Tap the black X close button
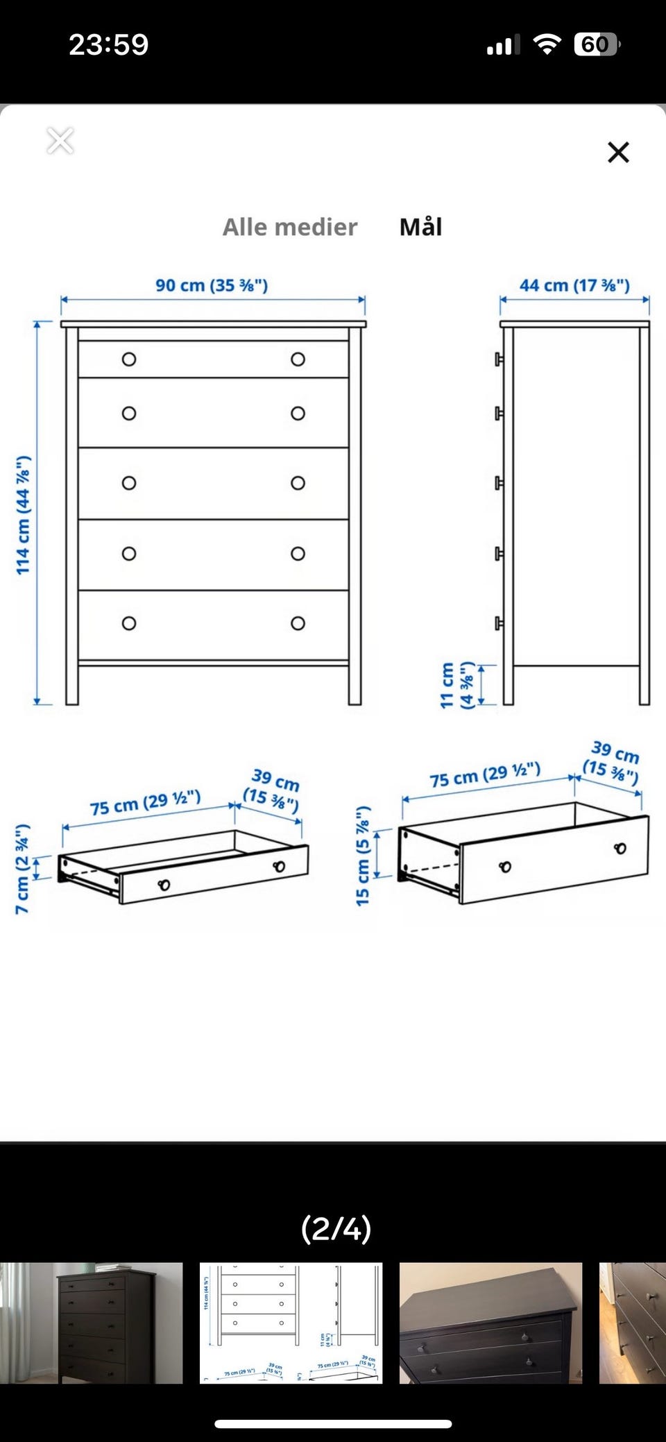pos(618,152)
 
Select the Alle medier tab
pos(290,227)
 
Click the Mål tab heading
pos(420,226)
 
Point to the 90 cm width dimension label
pos(212,285)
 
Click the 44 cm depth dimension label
pos(574,285)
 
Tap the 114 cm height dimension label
pos(24,515)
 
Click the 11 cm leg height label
pos(457,685)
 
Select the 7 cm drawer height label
pos(23,869)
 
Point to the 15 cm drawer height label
pos(363,856)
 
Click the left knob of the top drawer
pos(129,359)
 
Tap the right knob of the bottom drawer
pos(298,623)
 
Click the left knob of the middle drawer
pos(129,483)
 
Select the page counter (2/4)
pos(336,1229)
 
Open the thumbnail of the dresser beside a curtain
pos(92,1323)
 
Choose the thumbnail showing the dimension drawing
pos(291,1323)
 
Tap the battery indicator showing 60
pos(597,45)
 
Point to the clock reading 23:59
pos(109,45)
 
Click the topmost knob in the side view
pos(499,359)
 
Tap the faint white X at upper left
pos(60,141)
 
